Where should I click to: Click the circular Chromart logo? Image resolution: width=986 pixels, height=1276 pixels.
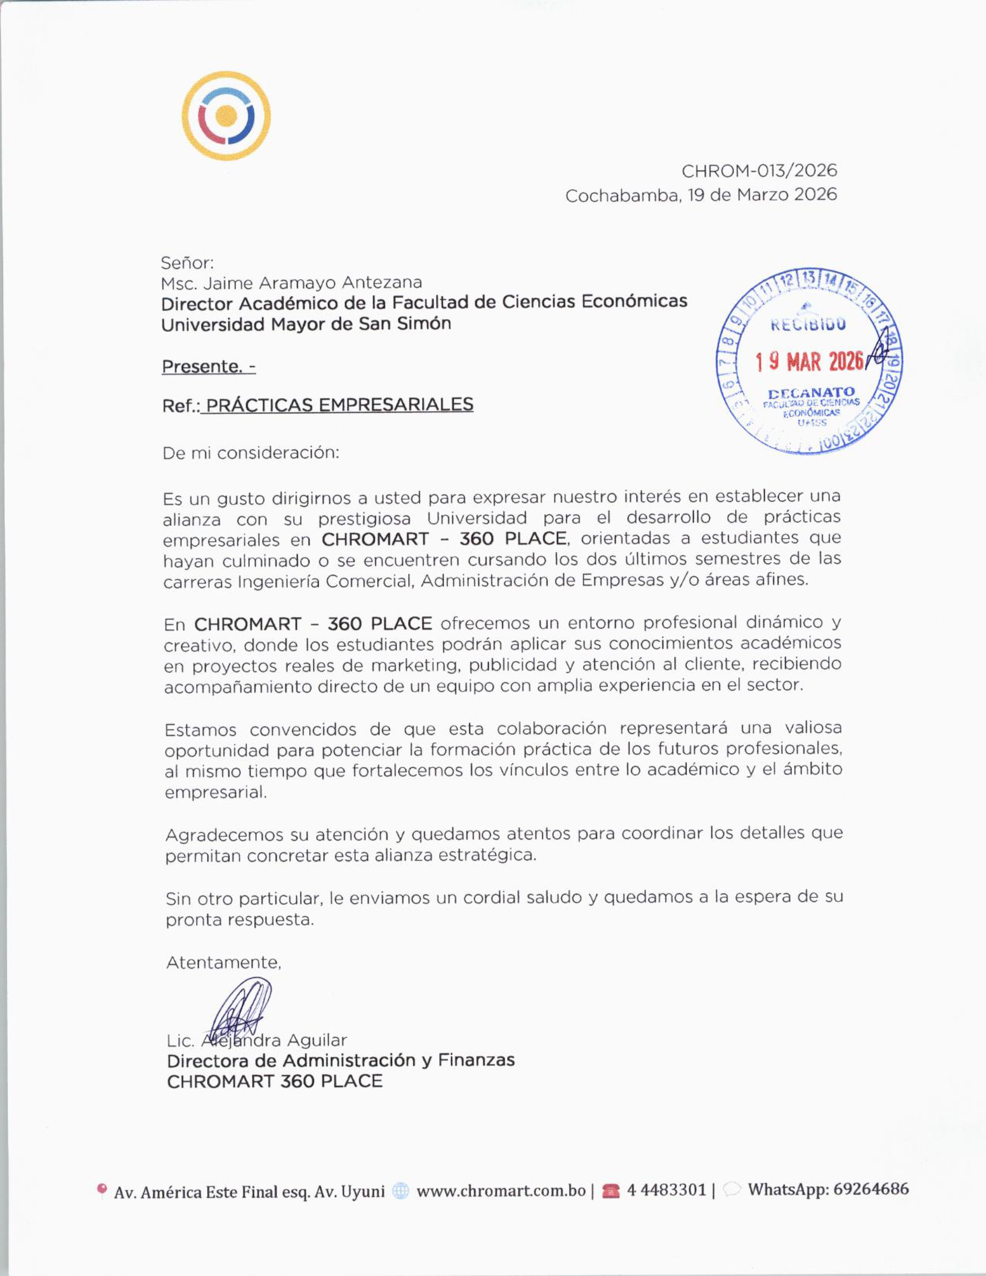point(226,116)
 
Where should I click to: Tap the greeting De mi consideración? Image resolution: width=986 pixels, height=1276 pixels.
point(251,453)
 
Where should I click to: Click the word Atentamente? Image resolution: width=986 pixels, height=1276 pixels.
point(224,962)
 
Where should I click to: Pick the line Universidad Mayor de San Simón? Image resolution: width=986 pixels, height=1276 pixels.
point(306,324)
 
